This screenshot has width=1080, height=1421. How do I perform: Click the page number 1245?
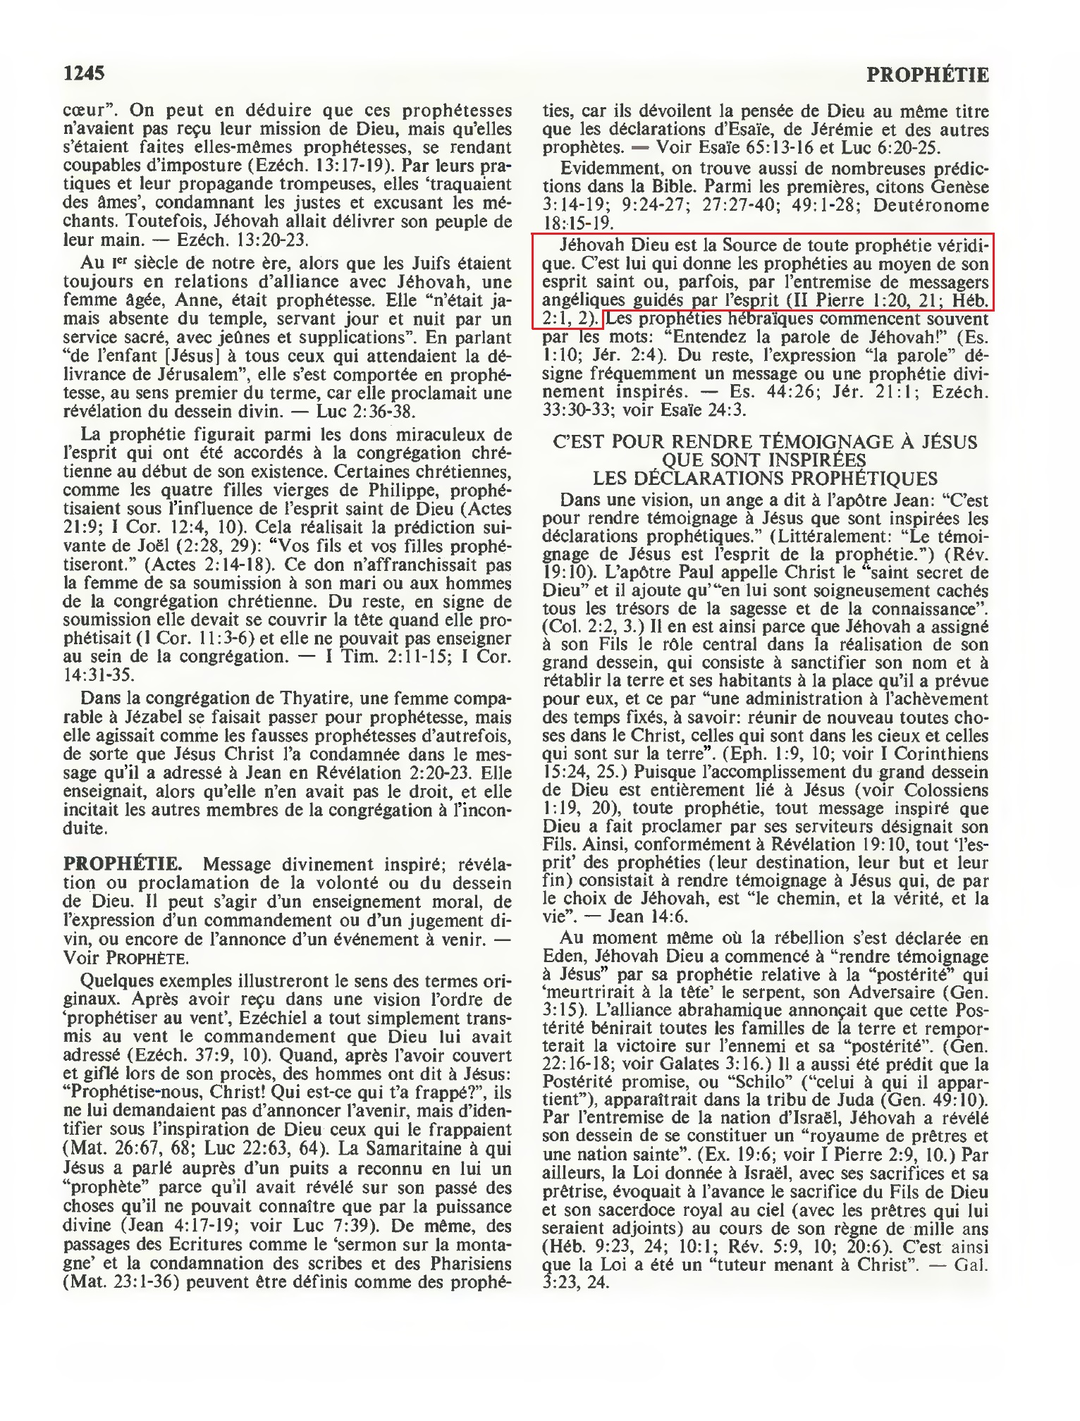[84, 73]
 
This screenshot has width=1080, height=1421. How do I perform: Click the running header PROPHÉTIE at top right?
[928, 75]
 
